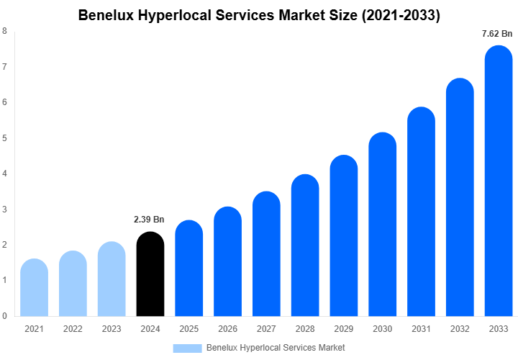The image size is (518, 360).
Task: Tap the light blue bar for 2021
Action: (34, 288)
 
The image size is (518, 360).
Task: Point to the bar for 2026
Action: (228, 262)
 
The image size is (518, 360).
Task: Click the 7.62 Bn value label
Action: (497, 33)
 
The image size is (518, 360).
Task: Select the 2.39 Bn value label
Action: (149, 219)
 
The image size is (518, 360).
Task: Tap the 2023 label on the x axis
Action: (112, 329)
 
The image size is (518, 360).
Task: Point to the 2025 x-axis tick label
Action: (189, 329)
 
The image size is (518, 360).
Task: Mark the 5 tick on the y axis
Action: (5, 138)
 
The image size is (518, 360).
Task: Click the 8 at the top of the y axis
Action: (5, 31)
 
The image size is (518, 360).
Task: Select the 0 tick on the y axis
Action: (5, 316)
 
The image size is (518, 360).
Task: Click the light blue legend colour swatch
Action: (187, 348)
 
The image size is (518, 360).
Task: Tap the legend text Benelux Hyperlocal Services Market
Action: (276, 348)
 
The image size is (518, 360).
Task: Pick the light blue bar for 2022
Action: (73, 284)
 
